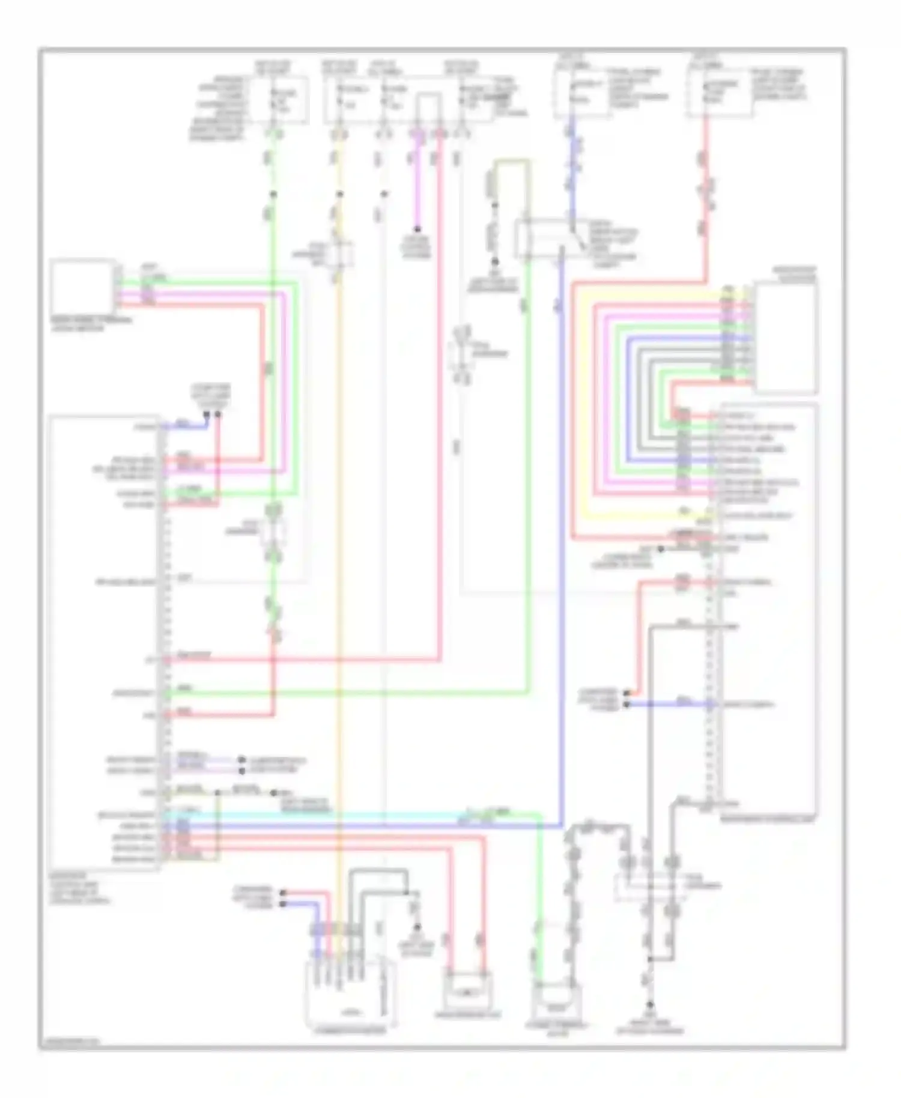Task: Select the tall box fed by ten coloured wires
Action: coord(786,338)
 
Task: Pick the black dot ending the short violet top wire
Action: coord(416,230)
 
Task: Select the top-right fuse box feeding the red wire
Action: coord(719,93)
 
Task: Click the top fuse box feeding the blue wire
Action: coord(581,93)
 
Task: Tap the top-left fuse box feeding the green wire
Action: coord(280,100)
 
